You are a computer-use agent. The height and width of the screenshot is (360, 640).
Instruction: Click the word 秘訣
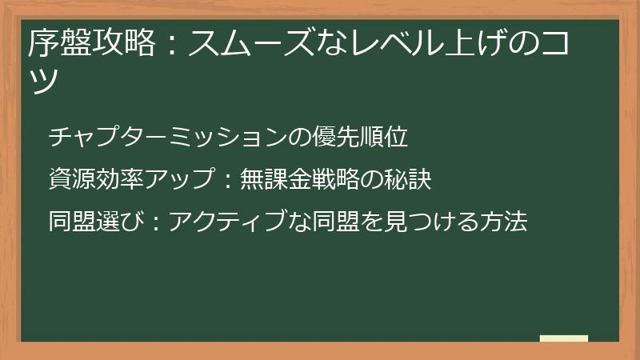tap(408, 180)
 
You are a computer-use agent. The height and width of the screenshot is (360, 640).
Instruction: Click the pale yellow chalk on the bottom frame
tap(563, 338)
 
